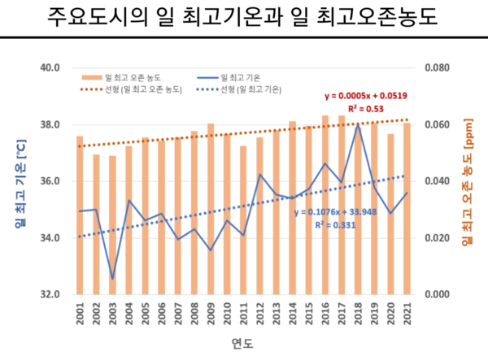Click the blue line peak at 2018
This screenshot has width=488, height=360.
[358, 125]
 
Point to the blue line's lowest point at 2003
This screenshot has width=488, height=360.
[112, 279]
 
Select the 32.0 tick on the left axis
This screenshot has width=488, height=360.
[50, 294]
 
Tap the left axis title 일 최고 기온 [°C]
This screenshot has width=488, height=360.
[19, 180]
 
